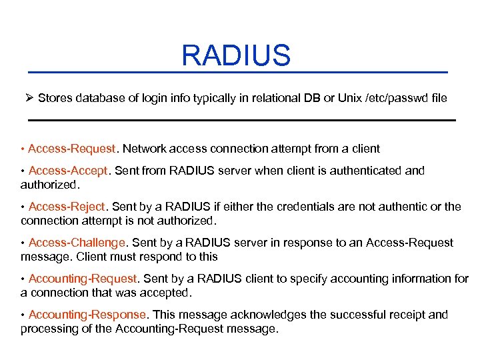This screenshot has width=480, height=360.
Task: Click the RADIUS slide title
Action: click(x=236, y=55)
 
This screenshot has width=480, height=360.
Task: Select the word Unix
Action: click(x=350, y=98)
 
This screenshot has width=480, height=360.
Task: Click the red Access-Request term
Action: click(x=72, y=149)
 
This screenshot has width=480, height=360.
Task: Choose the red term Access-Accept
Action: click(x=68, y=171)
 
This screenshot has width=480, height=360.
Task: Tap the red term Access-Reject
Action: click(x=67, y=207)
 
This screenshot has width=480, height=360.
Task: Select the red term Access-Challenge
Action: click(x=77, y=243)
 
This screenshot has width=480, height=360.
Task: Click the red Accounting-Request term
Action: click(x=83, y=279)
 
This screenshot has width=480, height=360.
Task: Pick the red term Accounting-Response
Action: click(x=87, y=315)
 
